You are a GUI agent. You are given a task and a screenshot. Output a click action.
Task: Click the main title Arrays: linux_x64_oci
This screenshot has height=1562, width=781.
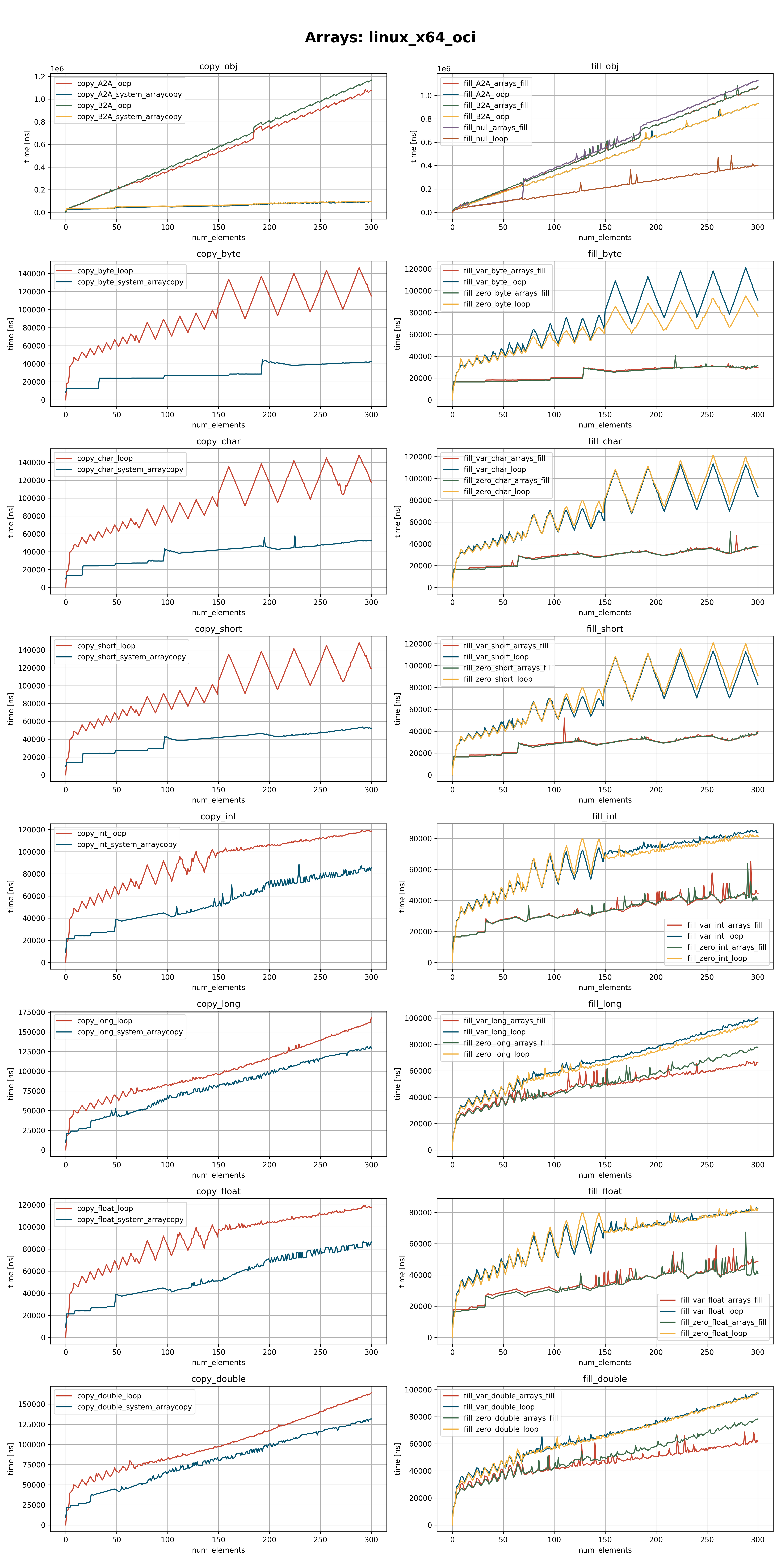pyautogui.click(x=390, y=38)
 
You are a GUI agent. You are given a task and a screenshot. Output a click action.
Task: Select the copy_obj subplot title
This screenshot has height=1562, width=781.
pyautogui.click(x=218, y=67)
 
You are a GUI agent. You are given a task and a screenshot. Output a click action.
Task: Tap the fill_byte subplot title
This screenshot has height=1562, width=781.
pyautogui.click(x=604, y=254)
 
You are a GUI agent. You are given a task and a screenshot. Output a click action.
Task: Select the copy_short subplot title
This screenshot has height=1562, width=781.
pyautogui.click(x=218, y=629)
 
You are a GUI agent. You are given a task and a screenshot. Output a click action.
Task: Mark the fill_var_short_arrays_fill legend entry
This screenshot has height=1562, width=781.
pyautogui.click(x=505, y=646)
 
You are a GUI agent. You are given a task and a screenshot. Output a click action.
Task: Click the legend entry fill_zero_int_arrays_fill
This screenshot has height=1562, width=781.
pyautogui.click(x=727, y=947)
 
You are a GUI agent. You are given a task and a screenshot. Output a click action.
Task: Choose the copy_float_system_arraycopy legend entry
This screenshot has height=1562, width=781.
pyautogui.click(x=130, y=1219)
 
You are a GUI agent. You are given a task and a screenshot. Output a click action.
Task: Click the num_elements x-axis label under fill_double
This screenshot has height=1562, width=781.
pyautogui.click(x=604, y=1550)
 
